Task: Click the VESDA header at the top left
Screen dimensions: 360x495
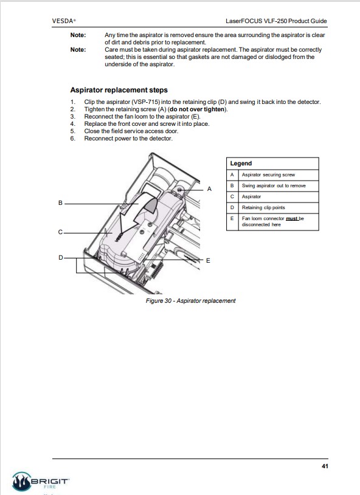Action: (64, 21)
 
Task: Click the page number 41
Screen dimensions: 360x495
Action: (325, 466)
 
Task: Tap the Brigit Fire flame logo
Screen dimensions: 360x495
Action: (21, 482)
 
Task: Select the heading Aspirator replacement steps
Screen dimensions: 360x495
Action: (119, 90)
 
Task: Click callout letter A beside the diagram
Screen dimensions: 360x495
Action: (209, 189)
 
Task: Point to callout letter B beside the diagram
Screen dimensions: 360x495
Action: (60, 202)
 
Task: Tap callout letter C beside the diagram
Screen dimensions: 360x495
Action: (60, 232)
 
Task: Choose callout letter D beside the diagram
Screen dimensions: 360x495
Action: (61, 258)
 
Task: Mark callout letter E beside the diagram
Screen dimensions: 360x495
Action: (208, 261)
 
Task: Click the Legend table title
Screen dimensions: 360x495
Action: (241, 164)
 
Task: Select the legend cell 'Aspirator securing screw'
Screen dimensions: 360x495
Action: (268, 175)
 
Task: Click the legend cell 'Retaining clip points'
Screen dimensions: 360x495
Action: (263, 207)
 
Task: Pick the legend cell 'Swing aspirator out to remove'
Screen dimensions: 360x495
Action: (274, 185)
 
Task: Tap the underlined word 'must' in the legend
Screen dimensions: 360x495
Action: (292, 218)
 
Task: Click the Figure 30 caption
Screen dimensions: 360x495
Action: (190, 301)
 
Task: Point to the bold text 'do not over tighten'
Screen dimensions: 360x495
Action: (197, 109)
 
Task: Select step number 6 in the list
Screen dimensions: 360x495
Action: (72, 138)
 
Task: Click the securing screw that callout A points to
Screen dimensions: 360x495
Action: (179, 190)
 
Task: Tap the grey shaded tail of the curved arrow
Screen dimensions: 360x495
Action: (151, 206)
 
